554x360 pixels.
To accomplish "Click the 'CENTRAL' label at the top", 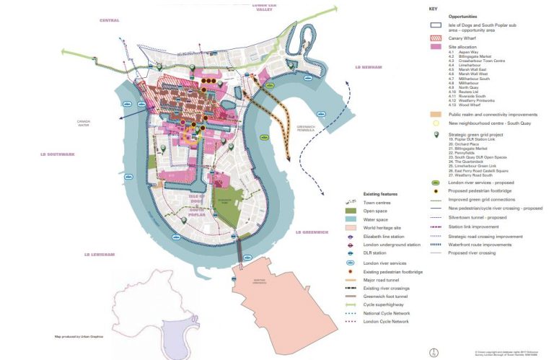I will coord(110,20).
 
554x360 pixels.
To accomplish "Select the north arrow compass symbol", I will coord(433,353).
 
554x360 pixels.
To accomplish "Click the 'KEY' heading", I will coord(433,9).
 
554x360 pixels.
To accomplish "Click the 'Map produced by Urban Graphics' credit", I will coord(79,336).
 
